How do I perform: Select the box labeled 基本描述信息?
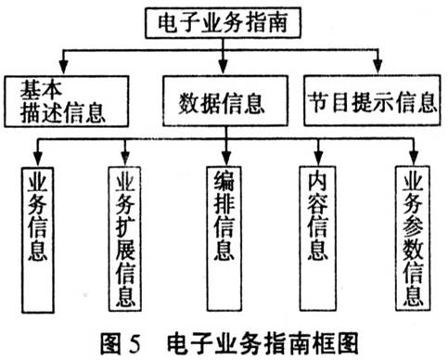(x=64, y=101)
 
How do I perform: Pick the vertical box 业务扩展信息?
(x=127, y=237)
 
